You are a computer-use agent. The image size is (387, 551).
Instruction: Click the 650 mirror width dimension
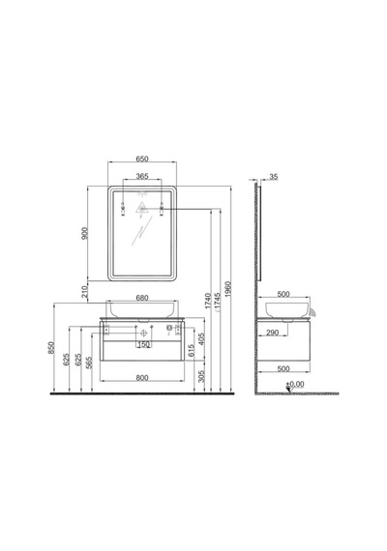click(142, 159)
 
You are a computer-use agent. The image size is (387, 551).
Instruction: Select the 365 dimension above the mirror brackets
click(142, 176)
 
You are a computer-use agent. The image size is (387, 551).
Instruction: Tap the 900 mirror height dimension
click(84, 233)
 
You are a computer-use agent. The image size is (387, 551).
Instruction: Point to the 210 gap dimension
click(84, 292)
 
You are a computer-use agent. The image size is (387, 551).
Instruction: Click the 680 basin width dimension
click(142, 298)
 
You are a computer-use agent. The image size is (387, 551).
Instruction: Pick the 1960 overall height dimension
click(228, 289)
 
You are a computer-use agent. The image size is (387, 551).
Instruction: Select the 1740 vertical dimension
click(208, 301)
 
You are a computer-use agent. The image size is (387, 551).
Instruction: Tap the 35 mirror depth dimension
click(274, 177)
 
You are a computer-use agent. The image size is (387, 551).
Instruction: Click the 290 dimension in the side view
click(272, 333)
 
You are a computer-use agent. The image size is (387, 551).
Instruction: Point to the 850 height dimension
click(51, 347)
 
